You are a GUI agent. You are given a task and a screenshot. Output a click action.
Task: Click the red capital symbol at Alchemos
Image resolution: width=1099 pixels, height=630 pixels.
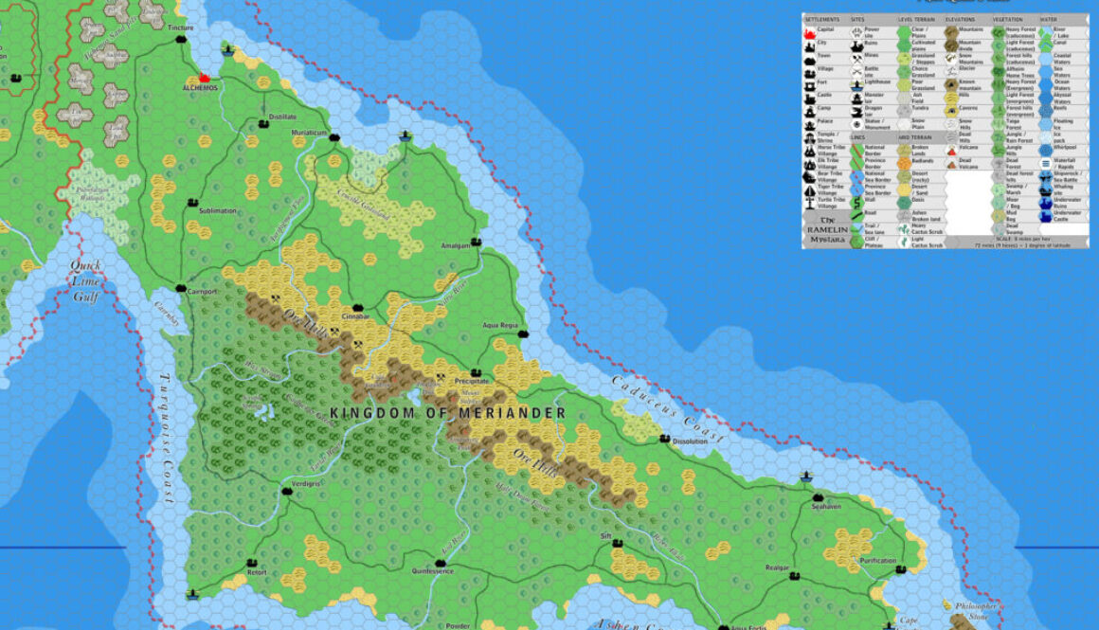(204, 78)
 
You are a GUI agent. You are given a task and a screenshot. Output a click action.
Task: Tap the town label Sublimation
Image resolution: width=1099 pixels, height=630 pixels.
(218, 211)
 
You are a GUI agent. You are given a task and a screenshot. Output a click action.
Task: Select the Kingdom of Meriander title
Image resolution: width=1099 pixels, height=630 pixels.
(448, 413)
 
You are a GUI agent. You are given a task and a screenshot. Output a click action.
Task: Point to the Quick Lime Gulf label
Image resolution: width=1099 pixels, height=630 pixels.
(86, 281)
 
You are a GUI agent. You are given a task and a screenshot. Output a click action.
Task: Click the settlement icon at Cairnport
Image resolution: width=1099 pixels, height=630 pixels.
(181, 286)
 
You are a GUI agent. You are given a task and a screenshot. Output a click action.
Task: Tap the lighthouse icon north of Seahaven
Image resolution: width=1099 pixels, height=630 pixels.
(806, 477)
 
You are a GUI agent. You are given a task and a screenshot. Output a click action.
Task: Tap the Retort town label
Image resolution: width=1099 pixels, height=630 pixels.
(257, 573)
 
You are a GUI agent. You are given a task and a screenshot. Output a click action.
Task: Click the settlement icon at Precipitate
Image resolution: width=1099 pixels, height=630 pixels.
(475, 371)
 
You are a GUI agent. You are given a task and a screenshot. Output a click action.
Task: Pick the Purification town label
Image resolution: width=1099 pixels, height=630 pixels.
(878, 561)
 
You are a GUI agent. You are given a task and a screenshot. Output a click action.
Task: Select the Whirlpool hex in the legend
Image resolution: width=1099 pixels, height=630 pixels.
(1047, 148)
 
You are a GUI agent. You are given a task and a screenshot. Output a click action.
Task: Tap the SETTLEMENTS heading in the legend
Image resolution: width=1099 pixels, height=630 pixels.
(821, 18)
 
